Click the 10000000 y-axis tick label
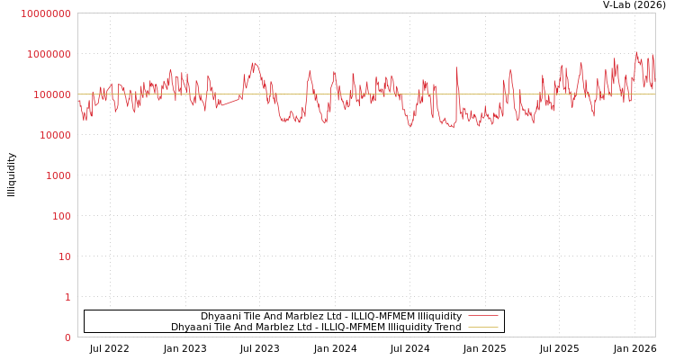[x=45, y=13]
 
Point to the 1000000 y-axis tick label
[x=49, y=54]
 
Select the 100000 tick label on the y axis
[x=51, y=94]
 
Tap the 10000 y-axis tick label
[x=54, y=135]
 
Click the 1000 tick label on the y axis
[x=58, y=175]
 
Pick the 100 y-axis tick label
[x=60, y=216]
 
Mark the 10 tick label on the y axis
[x=64, y=256]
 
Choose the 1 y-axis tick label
[x=67, y=297]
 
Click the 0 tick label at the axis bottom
[x=67, y=337]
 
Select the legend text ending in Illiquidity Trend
[x=316, y=328]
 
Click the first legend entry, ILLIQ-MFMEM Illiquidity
[x=330, y=317]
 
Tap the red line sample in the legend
[x=483, y=317]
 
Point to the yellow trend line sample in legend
[x=483, y=328]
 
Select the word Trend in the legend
[x=446, y=328]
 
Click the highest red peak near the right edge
[x=637, y=52]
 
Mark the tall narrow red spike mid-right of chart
[x=456, y=68]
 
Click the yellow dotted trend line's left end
[x=79, y=94]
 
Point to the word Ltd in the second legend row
[x=288, y=328]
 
